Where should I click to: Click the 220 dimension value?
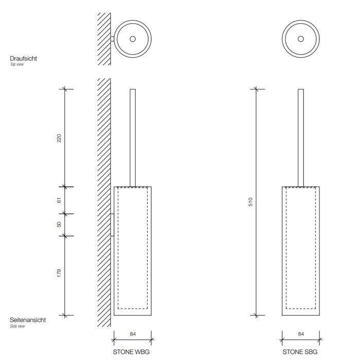[59, 138]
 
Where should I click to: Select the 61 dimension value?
[59, 200]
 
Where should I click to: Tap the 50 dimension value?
[59, 224]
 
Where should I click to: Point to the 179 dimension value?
[59, 273]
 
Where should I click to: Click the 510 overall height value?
[250, 202]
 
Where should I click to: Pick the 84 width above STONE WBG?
[133, 334]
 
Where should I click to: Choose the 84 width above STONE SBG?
[301, 334]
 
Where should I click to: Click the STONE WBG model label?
[131, 352]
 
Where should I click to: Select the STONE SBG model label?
[300, 352]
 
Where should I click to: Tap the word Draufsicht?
[23, 58]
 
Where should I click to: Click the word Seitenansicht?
[28, 320]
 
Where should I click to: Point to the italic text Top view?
[17, 64]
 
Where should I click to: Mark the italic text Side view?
[17, 326]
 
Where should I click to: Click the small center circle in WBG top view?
[133, 39]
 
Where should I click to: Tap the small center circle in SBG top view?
[301, 39]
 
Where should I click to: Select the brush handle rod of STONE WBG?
[133, 138]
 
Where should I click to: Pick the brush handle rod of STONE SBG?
[301, 138]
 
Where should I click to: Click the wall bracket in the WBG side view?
[112, 225]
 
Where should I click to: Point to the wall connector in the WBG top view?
[112, 39]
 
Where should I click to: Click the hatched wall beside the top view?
[104, 39]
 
